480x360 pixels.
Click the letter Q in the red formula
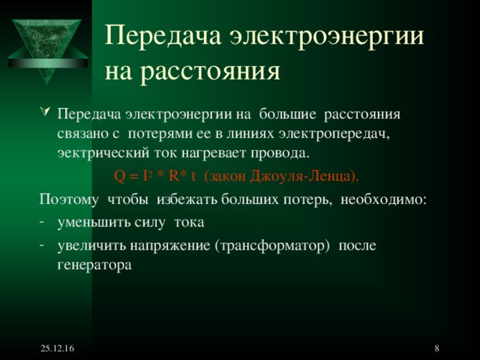point(119,176)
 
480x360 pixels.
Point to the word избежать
point(177,200)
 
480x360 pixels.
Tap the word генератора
point(94,264)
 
